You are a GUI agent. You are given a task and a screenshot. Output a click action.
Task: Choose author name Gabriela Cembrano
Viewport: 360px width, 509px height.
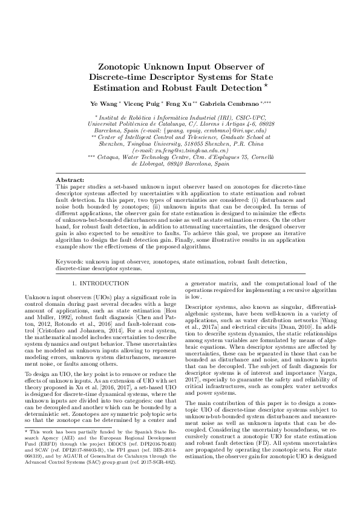(233, 105)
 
